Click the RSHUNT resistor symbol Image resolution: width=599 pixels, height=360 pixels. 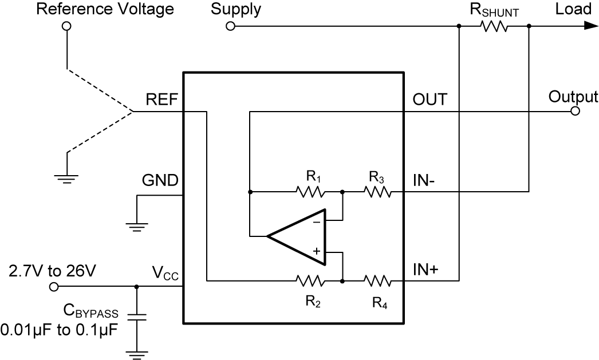[494, 26]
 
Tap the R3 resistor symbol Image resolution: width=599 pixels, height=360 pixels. [378, 192]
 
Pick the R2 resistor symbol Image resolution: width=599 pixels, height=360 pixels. [310, 281]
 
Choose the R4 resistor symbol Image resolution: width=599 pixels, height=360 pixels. [378, 281]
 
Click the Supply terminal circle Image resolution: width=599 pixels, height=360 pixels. [230, 26]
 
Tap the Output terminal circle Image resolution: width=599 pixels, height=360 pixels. [575, 112]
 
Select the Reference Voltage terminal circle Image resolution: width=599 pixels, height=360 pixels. [66, 26]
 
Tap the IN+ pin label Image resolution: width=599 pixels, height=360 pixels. [425, 270]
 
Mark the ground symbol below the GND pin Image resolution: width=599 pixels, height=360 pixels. [137, 227]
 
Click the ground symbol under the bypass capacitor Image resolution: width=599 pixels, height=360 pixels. [136, 354]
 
